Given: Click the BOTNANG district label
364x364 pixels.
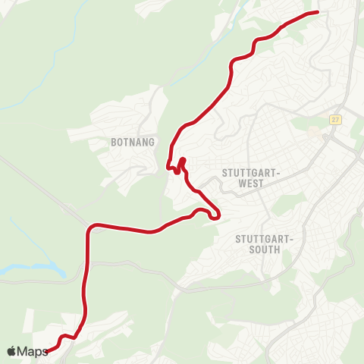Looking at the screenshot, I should point(133,142).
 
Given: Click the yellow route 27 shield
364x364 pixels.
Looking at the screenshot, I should point(335,119).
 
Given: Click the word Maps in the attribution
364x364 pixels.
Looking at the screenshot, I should point(33,351).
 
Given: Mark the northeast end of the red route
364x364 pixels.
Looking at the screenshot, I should point(316,12).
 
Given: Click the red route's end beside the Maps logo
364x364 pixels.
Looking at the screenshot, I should point(49,350).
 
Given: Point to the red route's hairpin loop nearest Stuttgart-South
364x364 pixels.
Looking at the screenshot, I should point(215,215).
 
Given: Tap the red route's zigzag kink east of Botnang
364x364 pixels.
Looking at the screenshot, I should point(179,166).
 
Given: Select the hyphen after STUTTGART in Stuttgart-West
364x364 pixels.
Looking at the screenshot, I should point(280,172).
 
